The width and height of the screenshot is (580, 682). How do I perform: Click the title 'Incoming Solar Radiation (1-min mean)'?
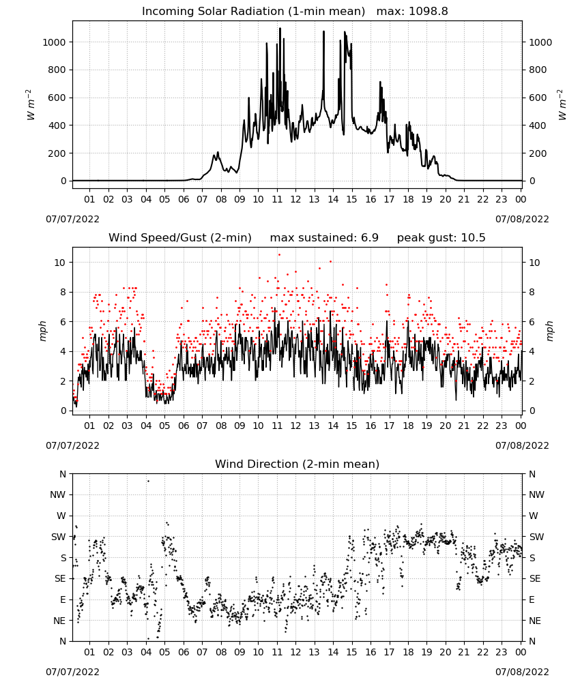253,12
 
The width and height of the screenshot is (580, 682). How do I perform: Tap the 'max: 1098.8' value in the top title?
412,12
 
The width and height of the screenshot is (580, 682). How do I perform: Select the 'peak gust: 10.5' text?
441,238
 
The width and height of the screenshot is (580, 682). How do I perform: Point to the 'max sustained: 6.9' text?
324,238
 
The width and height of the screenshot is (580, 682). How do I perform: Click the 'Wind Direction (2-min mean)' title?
298,464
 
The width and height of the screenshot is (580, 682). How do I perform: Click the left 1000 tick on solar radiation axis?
54,42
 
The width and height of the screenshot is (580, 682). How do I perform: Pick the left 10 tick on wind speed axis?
60,263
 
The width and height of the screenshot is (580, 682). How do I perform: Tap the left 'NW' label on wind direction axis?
58,494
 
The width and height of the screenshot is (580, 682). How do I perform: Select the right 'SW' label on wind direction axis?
536,537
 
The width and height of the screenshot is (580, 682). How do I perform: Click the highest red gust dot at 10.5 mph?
279,255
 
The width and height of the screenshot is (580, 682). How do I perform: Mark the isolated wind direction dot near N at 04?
148,481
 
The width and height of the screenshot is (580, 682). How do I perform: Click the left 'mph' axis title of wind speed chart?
42,331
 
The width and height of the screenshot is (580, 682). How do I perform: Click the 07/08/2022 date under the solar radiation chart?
522,219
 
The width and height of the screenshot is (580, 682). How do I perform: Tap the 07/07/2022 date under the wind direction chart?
72,672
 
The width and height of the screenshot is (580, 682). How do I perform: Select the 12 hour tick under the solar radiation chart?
295,200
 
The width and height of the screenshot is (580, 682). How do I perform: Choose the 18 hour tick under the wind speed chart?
408,426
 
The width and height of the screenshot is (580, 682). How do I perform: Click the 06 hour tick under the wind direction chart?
184,652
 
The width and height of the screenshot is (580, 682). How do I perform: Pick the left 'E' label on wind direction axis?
63,599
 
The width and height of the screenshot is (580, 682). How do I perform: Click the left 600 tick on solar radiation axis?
57,98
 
